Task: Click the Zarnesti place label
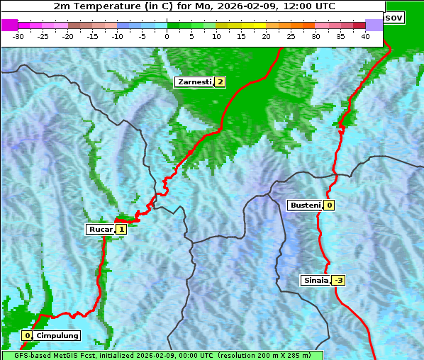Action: tap(194, 82)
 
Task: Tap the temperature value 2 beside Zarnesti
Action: tap(220, 82)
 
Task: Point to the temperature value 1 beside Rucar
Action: tap(121, 229)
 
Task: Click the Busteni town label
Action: tap(305, 206)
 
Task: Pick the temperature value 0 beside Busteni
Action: tap(329, 206)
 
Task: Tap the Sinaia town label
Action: tap(316, 280)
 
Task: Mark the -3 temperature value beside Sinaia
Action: tap(338, 280)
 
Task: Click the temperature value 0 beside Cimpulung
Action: tap(27, 335)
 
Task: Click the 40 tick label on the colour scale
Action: tap(365, 35)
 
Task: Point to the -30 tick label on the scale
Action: tap(18, 35)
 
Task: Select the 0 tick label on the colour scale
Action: tap(167, 35)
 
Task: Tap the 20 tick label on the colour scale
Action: tap(266, 35)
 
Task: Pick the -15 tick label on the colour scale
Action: tap(93, 35)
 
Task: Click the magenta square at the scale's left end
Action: tap(9, 25)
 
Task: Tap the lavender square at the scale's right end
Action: tap(374, 25)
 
